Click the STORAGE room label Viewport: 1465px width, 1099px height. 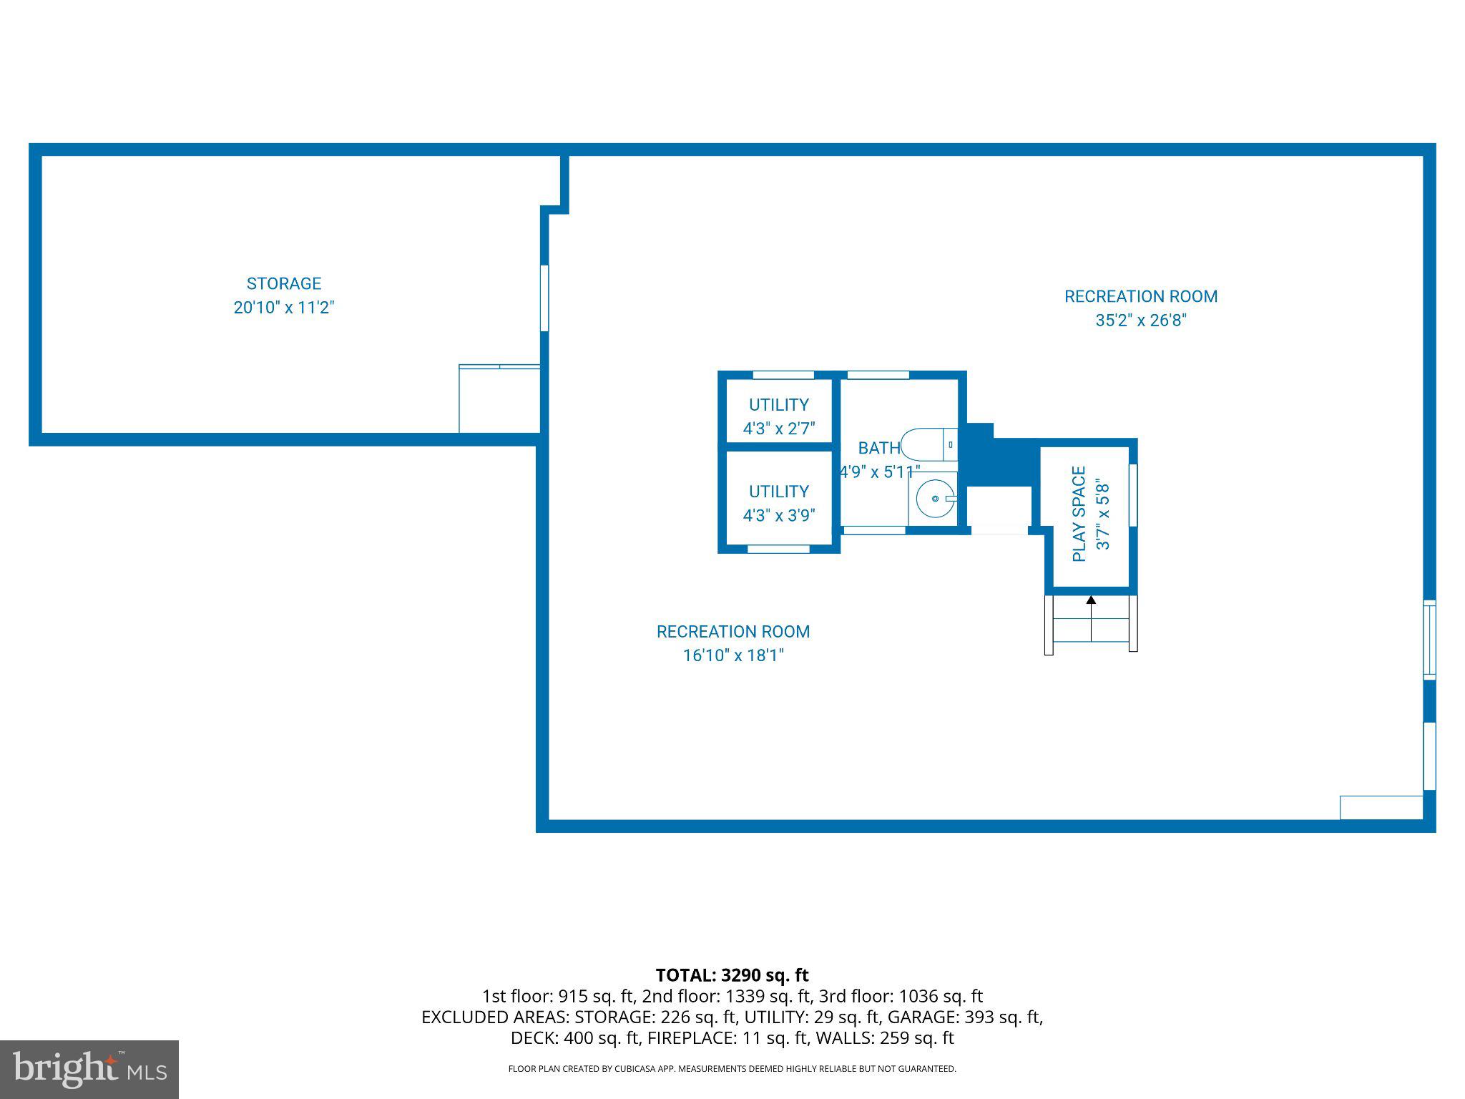(284, 283)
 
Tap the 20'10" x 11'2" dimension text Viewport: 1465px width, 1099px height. (284, 308)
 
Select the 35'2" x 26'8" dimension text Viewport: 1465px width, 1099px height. (1140, 320)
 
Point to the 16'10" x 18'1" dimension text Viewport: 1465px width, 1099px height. (733, 655)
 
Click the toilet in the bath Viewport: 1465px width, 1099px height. (926, 444)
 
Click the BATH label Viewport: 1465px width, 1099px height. (878, 448)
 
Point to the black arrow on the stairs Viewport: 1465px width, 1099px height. (1091, 600)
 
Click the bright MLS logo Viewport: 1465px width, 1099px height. (89, 1069)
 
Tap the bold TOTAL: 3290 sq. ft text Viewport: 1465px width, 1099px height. (732, 975)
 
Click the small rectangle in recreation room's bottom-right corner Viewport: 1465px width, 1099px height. (1381, 807)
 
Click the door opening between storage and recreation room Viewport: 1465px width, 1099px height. (544, 298)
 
